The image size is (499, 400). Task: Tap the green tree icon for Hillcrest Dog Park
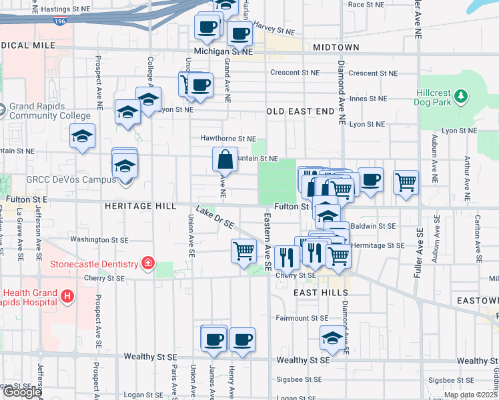[x=460, y=98]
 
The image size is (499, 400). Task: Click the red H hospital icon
[x=67, y=295]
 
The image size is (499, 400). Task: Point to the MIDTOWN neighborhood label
[x=336, y=47]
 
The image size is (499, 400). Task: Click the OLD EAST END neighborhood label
[x=299, y=111]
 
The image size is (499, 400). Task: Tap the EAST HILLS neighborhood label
[x=321, y=293]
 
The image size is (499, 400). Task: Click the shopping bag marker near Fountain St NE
[x=225, y=159]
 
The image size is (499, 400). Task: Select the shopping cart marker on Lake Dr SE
[x=243, y=251]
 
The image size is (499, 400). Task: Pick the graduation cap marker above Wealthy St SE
[x=332, y=338]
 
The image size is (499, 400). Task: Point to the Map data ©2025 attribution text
[x=470, y=395]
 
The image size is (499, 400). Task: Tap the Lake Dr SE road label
[x=215, y=217]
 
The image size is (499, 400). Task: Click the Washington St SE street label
[x=99, y=239]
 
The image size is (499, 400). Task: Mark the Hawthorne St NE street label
[x=228, y=139]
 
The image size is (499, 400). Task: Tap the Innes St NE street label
[x=368, y=99]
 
